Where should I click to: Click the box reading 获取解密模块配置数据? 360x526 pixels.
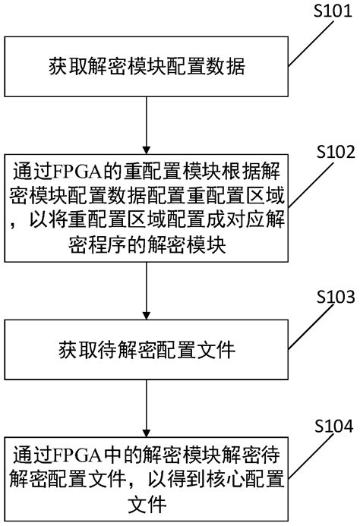pos(146,71)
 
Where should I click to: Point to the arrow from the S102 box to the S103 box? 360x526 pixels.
pos(146,291)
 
